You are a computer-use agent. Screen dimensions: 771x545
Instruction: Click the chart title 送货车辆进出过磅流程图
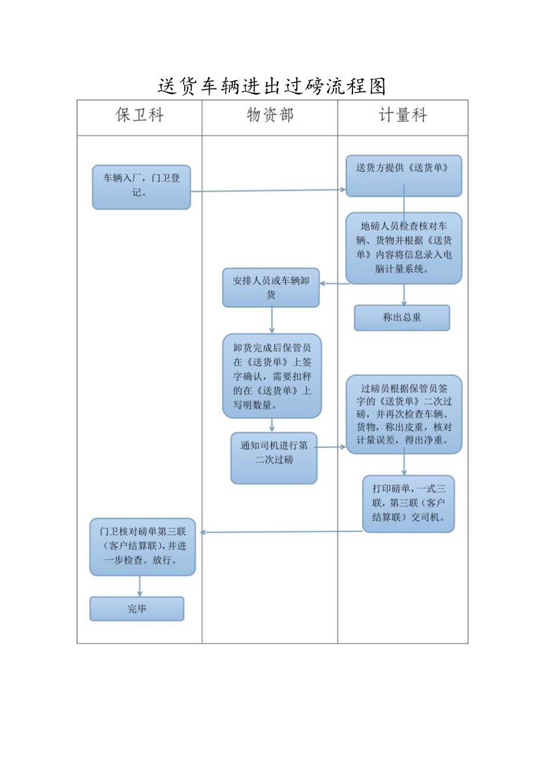tap(272, 87)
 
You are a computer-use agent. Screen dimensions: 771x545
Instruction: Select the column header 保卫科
tap(139, 116)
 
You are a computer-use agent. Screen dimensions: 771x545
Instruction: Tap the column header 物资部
tap(270, 116)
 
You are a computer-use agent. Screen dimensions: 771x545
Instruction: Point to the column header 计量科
tap(403, 116)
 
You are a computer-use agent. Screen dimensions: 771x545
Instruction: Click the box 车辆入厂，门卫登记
tap(141, 187)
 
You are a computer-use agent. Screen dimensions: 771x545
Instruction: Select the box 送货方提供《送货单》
tap(403, 175)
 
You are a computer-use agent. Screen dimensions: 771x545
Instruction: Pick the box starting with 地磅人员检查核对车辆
tap(403, 248)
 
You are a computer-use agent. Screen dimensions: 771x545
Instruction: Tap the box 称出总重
tap(402, 318)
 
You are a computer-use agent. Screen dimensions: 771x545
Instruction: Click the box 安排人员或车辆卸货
tap(271, 287)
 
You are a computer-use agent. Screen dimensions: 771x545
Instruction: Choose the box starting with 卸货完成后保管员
tap(272, 376)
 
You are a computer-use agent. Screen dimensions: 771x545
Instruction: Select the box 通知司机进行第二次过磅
tap(274, 458)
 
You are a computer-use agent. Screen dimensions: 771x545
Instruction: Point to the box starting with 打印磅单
tap(408, 503)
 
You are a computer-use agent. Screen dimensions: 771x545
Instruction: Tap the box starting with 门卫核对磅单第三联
tap(142, 546)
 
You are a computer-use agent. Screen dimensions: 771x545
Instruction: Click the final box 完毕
tap(137, 609)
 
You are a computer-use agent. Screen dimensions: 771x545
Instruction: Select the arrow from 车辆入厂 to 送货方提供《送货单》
tap(267, 191)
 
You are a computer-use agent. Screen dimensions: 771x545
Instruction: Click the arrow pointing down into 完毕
tap(140, 586)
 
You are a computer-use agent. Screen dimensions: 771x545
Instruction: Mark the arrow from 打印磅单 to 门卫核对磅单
tap(281, 532)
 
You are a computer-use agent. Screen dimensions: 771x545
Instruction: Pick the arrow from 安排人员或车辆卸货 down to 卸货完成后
tap(272, 320)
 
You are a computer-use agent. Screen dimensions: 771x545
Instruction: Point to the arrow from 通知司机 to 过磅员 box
tap(332, 447)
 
